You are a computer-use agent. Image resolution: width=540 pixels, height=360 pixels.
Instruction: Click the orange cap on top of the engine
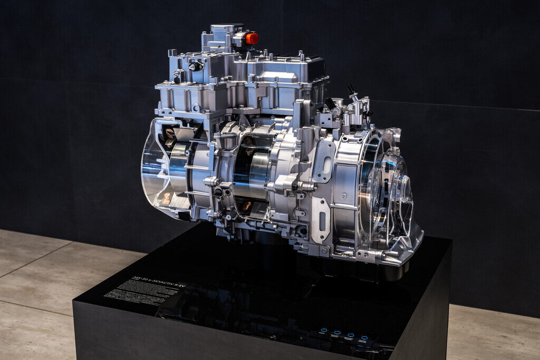click(251, 38)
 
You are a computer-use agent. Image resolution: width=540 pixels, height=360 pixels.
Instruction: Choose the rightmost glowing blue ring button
click(364, 338)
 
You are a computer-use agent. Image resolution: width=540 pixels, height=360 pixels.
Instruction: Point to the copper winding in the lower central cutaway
click(246, 206)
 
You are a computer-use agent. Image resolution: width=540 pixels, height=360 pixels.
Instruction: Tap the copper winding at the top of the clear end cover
click(170, 134)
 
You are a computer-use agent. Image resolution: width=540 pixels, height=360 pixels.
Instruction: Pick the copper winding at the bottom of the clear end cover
click(166, 198)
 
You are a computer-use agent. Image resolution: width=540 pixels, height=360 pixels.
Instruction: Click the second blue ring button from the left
click(337, 334)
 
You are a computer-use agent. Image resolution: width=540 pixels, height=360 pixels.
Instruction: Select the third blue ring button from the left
click(351, 336)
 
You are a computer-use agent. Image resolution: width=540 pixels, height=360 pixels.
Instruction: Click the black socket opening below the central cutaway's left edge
click(218, 193)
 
